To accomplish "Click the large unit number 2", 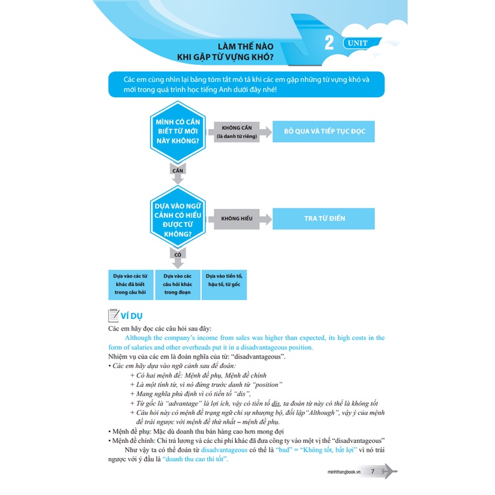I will click(x=329, y=43).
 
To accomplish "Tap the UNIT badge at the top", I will click(x=363, y=43).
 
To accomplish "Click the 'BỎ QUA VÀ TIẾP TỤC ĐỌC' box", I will click(x=323, y=132).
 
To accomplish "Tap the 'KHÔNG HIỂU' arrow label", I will click(x=237, y=219).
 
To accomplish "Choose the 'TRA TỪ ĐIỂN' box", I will click(x=323, y=219).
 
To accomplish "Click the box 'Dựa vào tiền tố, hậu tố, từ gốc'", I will click(x=224, y=281).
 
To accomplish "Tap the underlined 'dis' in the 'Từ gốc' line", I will click(x=276, y=403).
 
